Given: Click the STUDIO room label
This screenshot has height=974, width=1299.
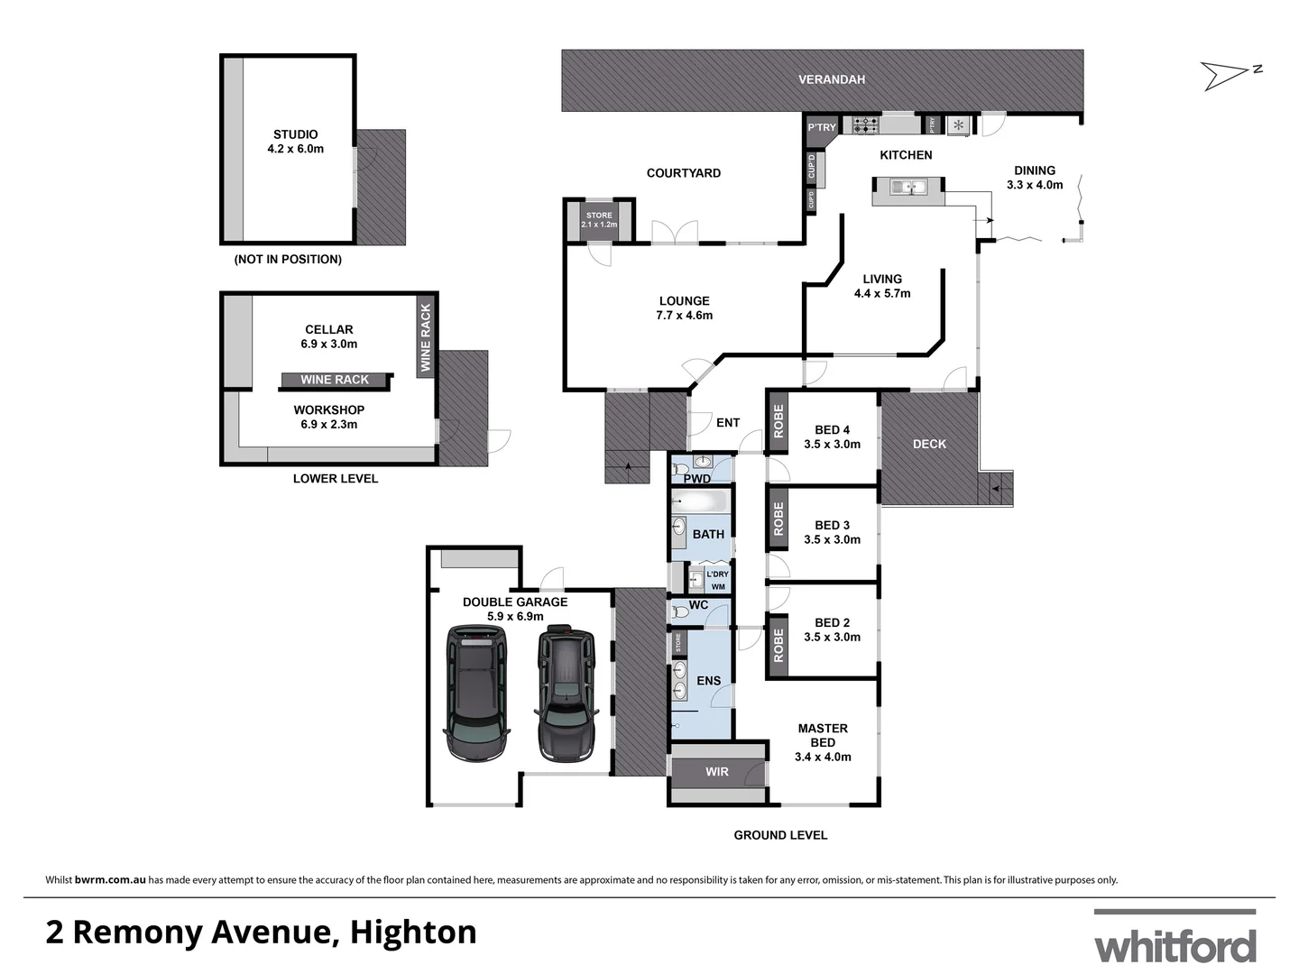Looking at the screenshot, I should click(295, 134).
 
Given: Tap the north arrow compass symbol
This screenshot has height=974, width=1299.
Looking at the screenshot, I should click(1229, 74).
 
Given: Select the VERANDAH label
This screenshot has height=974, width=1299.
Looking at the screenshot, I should click(831, 79).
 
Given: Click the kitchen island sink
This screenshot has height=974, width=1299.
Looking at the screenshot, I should click(907, 188).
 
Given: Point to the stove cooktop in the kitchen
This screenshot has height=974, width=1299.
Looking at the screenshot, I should click(865, 124).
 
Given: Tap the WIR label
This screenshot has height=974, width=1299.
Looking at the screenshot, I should click(717, 772).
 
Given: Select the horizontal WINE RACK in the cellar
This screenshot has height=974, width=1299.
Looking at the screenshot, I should click(335, 380).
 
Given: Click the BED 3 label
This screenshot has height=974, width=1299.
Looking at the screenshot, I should click(832, 525).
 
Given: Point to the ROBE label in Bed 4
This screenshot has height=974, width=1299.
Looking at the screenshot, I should click(778, 421).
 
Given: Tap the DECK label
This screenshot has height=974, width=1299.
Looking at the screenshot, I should click(929, 444).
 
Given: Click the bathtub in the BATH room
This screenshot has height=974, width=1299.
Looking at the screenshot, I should click(700, 501).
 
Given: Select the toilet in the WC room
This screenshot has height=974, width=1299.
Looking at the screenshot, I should click(680, 612).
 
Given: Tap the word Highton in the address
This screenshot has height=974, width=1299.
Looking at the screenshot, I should click(413, 932).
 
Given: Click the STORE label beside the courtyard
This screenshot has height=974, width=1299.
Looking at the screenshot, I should click(599, 216).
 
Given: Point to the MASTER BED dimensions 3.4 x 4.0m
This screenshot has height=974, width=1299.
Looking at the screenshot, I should click(823, 757).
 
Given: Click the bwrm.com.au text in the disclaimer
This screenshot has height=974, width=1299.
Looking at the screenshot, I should click(110, 879).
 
